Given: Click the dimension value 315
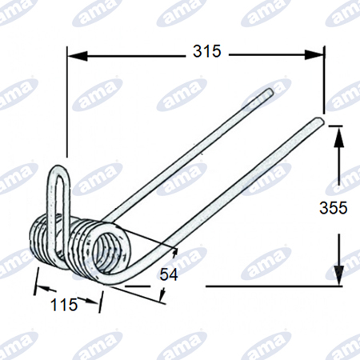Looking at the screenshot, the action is (x=207, y=51).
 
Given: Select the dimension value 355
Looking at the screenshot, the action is (x=334, y=207).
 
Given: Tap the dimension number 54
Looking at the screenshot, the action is (x=169, y=274).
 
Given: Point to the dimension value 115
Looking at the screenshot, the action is (x=64, y=304).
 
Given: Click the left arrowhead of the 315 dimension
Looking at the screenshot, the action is (x=78, y=55).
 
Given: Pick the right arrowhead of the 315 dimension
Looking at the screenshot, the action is (x=314, y=55).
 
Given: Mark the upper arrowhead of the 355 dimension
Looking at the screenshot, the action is (x=338, y=136).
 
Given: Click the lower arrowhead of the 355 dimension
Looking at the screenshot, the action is (x=338, y=276).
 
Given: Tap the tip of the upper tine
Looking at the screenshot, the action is (x=270, y=91).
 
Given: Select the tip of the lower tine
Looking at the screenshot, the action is (x=320, y=122).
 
